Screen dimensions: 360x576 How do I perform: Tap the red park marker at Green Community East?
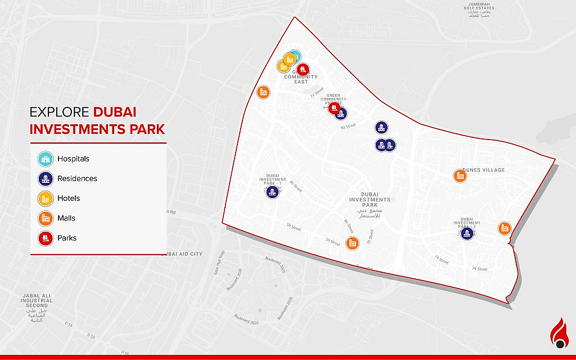[303, 69]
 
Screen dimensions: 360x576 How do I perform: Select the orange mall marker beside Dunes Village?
[460, 176]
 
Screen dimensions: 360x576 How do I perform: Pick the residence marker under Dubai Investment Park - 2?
[466, 233]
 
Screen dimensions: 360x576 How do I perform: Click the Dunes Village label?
[483, 170]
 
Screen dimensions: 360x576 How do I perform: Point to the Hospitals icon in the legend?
[45, 159]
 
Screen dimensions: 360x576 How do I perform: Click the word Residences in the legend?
[77, 179]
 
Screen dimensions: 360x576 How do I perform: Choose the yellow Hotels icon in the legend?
[45, 199]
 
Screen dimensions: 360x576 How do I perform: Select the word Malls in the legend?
[66, 218]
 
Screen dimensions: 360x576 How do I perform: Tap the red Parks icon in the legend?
[45, 238]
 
